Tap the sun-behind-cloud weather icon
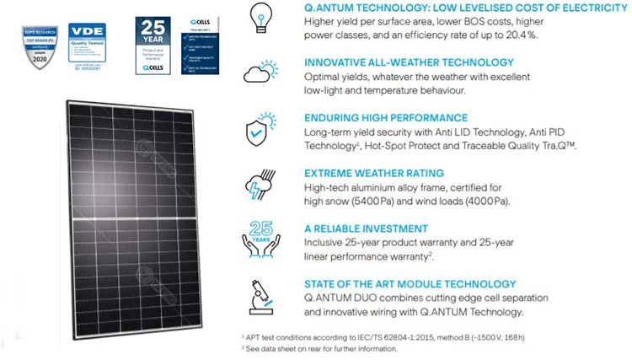tap(260, 71)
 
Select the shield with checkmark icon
tap(259, 131)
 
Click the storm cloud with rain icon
tap(259, 186)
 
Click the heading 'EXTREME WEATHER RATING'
tap(375, 174)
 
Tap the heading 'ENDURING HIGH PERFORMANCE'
tap(386, 118)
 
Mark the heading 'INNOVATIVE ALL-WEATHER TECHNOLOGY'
tap(409, 62)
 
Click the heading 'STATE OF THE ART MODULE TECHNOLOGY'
tap(410, 284)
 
